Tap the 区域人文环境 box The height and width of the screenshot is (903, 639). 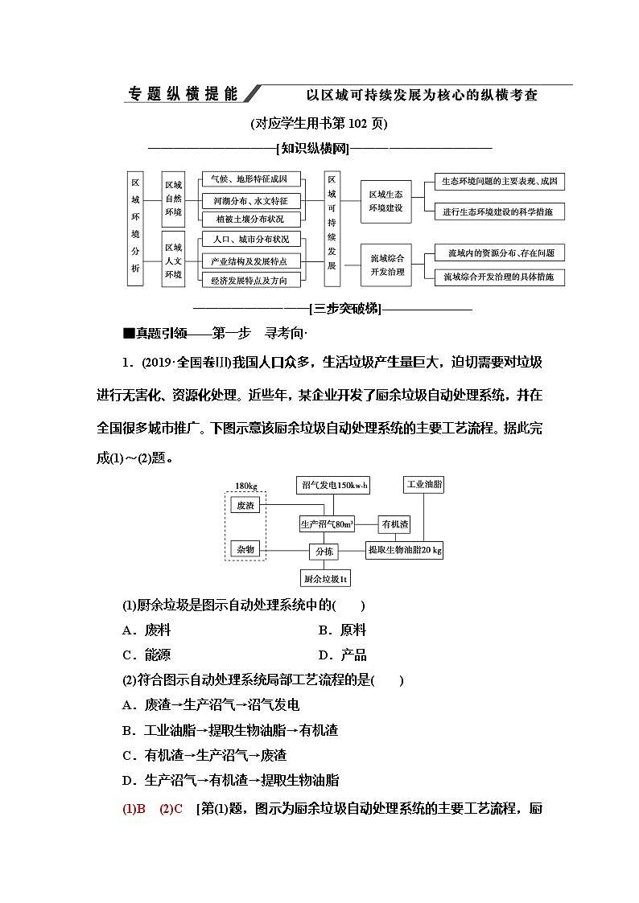(173, 261)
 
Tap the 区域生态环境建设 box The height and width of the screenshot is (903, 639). (386, 200)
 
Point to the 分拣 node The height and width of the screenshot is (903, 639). (324, 552)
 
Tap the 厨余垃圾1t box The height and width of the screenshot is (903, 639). (324, 577)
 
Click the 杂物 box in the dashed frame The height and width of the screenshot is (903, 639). (245, 549)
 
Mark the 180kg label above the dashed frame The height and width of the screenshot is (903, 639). (245, 486)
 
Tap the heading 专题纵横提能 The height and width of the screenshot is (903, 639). (183, 94)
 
